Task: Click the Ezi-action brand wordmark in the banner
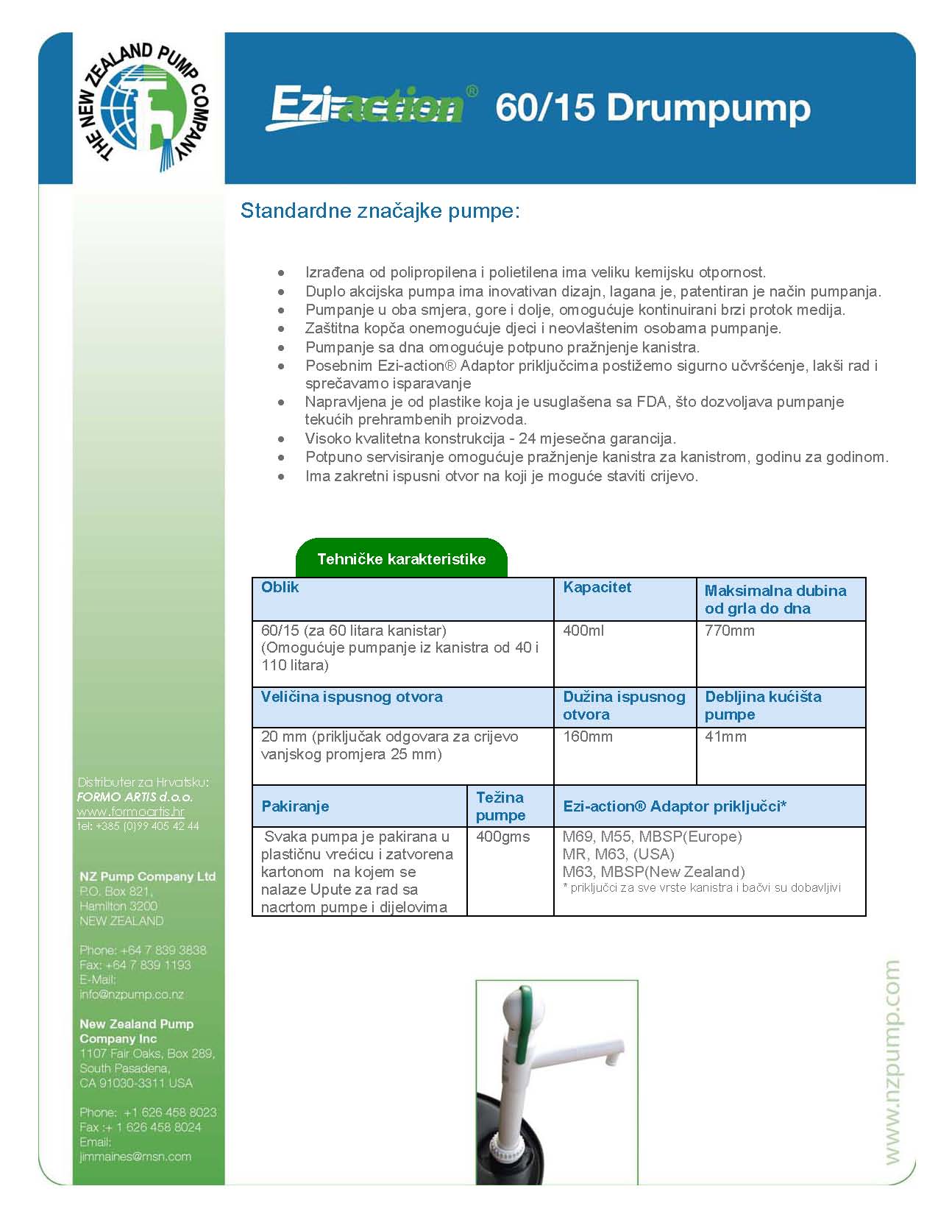(x=367, y=107)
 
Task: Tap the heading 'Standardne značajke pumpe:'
(x=380, y=211)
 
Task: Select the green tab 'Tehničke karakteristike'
(x=401, y=558)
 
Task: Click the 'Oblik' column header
(x=280, y=587)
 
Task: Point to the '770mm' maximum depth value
(x=729, y=631)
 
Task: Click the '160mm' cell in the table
(x=587, y=736)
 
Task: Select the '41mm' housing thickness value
(x=725, y=736)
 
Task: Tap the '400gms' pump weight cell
(x=502, y=837)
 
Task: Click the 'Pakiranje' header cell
(x=295, y=806)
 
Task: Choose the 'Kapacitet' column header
(x=597, y=587)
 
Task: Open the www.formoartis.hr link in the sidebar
(x=131, y=812)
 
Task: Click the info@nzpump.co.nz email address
(x=132, y=994)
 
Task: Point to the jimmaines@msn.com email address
(x=135, y=1156)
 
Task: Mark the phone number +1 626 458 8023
(x=169, y=1112)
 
